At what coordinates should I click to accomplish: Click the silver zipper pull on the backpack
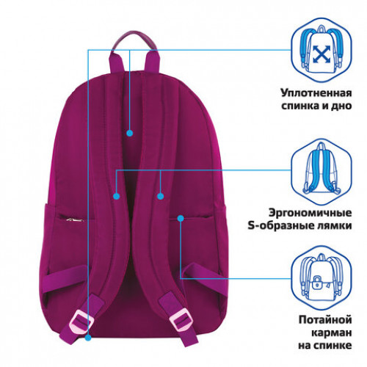(x=74, y=220)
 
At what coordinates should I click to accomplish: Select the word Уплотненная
(x=316, y=93)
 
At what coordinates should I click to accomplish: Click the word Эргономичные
(x=310, y=213)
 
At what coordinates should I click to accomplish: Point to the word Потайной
(x=325, y=319)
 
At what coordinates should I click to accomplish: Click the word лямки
(x=335, y=225)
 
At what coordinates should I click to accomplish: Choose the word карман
(x=332, y=333)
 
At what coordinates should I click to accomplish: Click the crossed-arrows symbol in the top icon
(x=321, y=54)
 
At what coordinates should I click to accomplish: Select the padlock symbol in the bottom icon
(x=317, y=282)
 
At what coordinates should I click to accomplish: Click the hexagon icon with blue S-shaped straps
(x=321, y=172)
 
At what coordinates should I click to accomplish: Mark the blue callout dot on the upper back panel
(x=130, y=133)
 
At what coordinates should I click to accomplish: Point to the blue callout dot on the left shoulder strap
(x=117, y=196)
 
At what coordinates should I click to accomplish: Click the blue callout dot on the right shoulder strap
(x=160, y=196)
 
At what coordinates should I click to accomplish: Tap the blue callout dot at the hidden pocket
(x=181, y=218)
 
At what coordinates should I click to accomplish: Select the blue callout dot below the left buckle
(x=88, y=338)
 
